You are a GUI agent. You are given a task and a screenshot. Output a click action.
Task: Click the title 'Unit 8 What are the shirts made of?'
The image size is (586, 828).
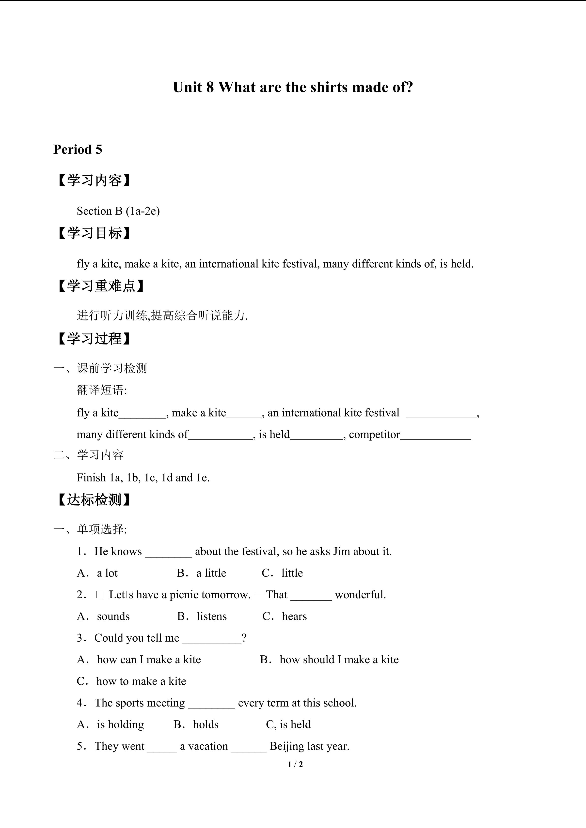pyautogui.click(x=293, y=87)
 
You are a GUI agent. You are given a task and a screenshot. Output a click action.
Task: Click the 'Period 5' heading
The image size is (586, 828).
pyautogui.click(x=78, y=149)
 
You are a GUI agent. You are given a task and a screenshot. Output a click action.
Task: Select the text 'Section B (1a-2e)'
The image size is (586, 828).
pyautogui.click(x=118, y=211)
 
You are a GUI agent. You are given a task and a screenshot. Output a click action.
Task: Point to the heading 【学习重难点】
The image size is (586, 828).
pyautogui.click(x=101, y=286)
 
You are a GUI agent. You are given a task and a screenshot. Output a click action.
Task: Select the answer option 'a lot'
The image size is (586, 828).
pyautogui.click(x=107, y=573)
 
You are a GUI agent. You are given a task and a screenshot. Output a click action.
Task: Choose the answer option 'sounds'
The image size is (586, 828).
pyautogui.click(x=113, y=616)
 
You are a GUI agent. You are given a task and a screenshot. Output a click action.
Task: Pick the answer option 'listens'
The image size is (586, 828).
pyautogui.click(x=211, y=616)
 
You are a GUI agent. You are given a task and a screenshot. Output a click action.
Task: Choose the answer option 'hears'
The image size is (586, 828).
pyautogui.click(x=294, y=616)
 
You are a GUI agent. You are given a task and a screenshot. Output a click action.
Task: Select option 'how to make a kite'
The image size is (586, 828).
pyautogui.click(x=141, y=681)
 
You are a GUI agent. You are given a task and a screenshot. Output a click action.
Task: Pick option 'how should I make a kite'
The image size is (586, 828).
pyautogui.click(x=339, y=660)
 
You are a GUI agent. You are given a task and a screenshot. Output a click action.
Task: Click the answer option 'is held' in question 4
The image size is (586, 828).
pyautogui.click(x=295, y=724)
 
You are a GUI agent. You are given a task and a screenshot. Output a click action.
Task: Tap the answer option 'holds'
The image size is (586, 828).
pyautogui.click(x=206, y=724)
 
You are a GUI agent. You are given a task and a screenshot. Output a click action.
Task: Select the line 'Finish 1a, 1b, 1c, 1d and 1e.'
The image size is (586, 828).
pyautogui.click(x=143, y=478)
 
